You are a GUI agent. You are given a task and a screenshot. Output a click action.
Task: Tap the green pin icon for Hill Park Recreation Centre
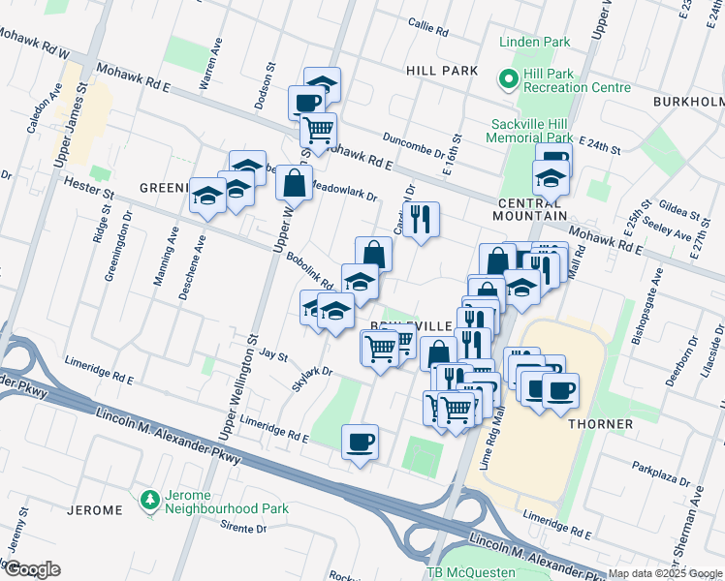504,78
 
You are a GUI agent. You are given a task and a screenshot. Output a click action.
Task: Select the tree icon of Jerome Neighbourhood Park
148,500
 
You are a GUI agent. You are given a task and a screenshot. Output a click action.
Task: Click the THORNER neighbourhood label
601,424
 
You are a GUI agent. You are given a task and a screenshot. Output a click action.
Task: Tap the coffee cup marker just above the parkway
361,443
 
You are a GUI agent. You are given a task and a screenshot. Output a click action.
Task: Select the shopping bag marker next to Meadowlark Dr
294,181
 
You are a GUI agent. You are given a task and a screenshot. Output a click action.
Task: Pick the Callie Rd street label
427,30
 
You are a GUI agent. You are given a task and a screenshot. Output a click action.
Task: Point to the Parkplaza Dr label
661,474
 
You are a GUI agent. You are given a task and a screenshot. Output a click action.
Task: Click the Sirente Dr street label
243,527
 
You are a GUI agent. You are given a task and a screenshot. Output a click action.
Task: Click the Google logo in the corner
32,569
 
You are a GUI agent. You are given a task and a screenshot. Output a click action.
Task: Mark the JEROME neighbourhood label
95,509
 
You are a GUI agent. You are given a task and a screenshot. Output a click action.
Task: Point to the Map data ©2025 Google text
665,573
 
